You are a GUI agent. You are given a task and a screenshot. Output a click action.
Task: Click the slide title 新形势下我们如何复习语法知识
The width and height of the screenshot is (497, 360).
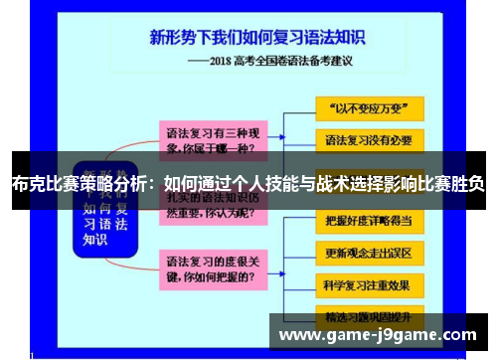point(257,38)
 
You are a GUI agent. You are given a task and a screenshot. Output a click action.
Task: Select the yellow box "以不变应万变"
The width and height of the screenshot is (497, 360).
point(369,106)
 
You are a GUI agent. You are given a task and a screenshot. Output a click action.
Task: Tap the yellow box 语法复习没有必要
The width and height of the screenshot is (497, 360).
point(369,138)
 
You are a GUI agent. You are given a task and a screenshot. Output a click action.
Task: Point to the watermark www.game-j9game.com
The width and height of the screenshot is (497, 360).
point(378,334)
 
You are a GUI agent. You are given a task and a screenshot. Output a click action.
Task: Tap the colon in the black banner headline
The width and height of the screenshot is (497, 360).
point(155,183)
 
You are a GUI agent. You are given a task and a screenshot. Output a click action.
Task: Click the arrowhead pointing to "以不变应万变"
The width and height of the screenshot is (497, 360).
point(309,106)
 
